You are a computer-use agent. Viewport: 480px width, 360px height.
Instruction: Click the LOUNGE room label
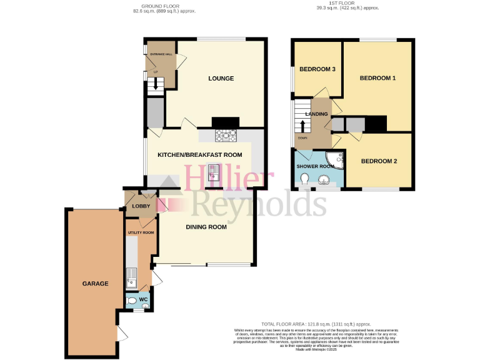(x=221, y=78)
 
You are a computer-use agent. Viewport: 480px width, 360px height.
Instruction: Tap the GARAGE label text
(x=95, y=283)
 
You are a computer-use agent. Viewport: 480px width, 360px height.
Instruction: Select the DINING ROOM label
(x=206, y=227)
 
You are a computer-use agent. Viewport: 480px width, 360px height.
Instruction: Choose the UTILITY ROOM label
(x=141, y=232)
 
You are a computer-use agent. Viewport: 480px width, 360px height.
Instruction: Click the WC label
(x=142, y=299)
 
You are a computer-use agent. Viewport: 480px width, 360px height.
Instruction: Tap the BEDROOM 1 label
(x=377, y=78)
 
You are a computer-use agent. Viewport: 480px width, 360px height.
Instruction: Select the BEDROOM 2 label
(x=379, y=161)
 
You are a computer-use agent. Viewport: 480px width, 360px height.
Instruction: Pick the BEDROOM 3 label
(x=317, y=69)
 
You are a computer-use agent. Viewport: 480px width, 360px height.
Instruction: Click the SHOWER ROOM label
(x=316, y=166)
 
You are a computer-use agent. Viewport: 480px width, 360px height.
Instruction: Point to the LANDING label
(x=316, y=113)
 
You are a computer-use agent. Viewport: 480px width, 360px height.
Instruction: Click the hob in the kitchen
(x=226, y=134)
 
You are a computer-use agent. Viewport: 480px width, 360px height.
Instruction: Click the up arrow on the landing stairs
(x=303, y=126)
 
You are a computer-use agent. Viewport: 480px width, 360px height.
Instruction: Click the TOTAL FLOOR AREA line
(x=316, y=324)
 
